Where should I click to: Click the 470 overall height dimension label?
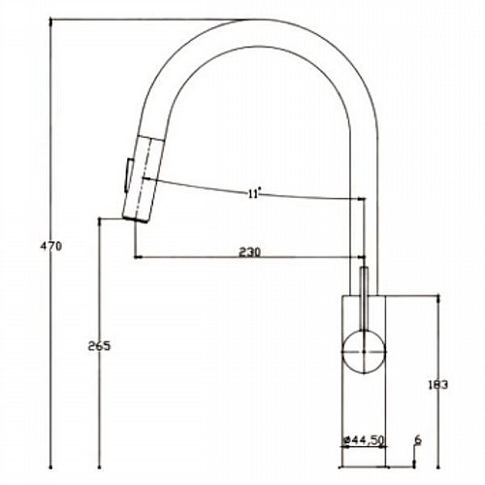50,246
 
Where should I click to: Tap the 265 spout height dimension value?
99,346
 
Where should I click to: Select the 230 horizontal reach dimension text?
249,252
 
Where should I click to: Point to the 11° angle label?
254,194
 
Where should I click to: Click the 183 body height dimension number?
437,385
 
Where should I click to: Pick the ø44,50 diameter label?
364,440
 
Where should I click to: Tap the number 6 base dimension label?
418,440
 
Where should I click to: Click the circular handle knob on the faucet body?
364,351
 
